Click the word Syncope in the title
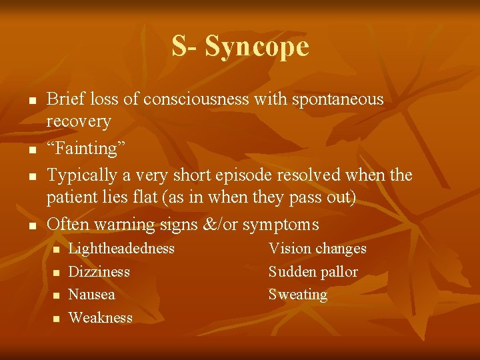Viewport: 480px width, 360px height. tap(257, 47)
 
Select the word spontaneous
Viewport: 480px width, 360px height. tap(337, 99)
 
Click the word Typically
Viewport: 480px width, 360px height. tap(79, 175)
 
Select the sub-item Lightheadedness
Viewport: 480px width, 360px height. tap(121, 249)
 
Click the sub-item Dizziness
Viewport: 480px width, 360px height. tap(99, 272)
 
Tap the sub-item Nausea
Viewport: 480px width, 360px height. tap(92, 295)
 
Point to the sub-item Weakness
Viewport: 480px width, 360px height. tap(101, 318)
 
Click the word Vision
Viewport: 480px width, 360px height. tap(289, 249)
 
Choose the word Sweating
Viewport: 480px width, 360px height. tap(298, 295)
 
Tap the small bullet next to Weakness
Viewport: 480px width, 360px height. tap(57, 319)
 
